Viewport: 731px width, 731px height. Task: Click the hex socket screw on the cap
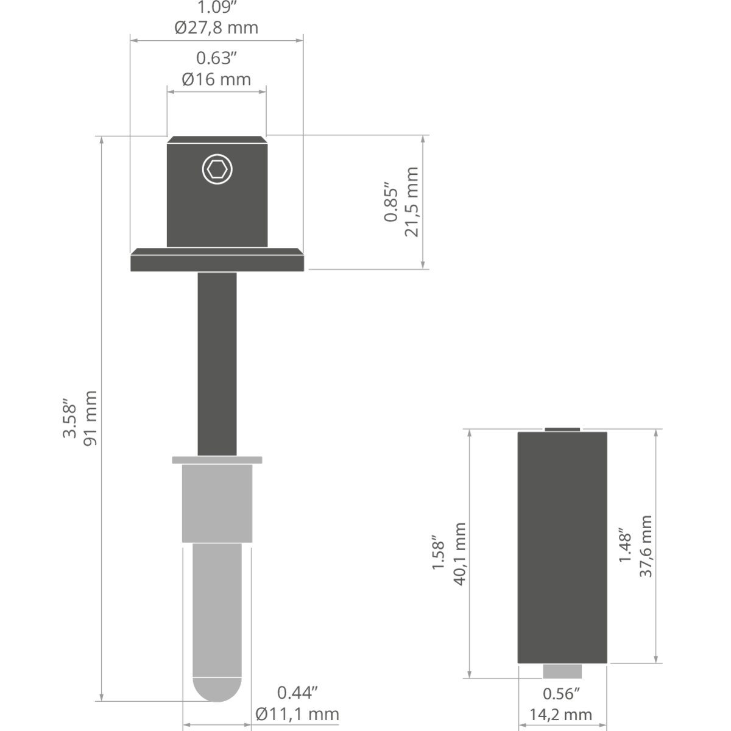coord(217,169)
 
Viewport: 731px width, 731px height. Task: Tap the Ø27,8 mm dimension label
coord(216,27)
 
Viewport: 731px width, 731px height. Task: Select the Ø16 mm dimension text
coord(216,80)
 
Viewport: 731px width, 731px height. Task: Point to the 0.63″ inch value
coord(216,58)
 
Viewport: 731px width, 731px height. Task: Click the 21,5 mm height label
coord(411,202)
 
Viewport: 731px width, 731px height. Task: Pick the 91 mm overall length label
coord(90,418)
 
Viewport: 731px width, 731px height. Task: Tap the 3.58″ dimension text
coord(69,418)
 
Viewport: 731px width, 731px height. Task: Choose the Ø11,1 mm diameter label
coord(297,715)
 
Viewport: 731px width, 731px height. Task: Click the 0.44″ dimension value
coord(297,693)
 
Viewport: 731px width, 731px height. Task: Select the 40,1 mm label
coord(459,554)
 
